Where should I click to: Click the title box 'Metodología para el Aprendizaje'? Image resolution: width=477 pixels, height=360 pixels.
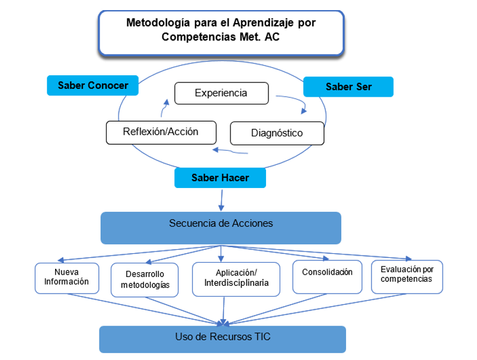[221, 33]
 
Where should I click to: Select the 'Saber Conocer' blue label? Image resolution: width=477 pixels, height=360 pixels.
[92, 85]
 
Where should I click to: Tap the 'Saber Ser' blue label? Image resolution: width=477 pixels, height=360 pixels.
[348, 87]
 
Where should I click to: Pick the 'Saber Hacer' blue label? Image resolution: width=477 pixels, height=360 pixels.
[220, 178]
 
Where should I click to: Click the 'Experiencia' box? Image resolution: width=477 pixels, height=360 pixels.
[221, 93]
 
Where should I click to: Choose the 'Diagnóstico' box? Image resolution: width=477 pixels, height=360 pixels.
[277, 133]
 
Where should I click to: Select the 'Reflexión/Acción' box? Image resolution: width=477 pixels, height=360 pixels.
[161, 132]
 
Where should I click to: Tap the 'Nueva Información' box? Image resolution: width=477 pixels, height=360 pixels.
[66, 277]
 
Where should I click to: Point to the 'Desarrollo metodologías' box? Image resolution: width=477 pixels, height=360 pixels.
[145, 280]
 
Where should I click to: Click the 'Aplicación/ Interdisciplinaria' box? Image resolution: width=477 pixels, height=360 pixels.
[236, 279]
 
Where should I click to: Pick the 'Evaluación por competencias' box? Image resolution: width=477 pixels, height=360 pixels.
[406, 276]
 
